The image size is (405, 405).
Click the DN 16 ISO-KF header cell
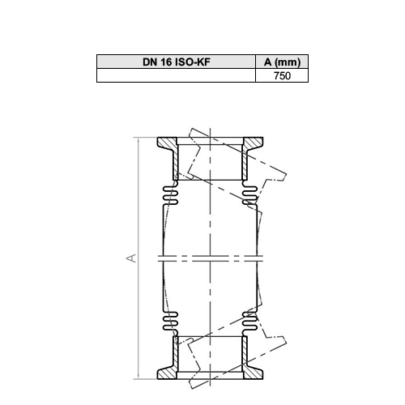176,62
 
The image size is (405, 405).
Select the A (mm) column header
282,62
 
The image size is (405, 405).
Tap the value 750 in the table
282,76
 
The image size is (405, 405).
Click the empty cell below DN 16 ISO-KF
176,75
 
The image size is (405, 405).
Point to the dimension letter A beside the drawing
131,258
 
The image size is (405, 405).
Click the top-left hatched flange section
166,143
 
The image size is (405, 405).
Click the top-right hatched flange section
253,143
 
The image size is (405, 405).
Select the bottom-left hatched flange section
166,373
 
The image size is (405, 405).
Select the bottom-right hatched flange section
253,373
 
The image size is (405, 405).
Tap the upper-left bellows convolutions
170,195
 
